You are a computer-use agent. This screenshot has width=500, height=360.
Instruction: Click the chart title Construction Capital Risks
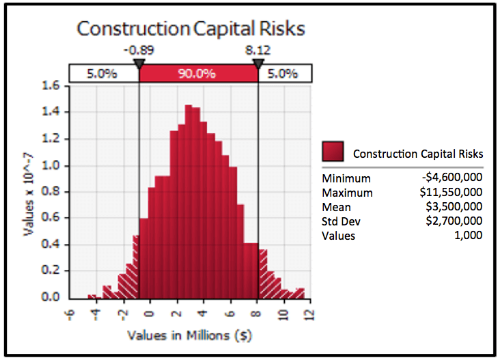pos(191,29)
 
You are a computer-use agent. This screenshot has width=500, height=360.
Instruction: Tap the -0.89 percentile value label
pos(139,49)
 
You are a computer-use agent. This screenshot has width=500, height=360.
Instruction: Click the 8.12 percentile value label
pos(258,49)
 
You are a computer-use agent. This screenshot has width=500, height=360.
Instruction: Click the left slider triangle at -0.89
pos(139,64)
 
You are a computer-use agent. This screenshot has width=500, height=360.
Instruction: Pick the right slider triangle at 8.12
pos(258,64)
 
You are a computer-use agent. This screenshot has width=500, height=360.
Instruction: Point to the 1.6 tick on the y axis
pos(53,86)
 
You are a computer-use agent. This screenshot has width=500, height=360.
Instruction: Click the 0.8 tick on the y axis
pos(53,192)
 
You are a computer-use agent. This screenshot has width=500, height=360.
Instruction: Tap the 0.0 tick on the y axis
pos(53,298)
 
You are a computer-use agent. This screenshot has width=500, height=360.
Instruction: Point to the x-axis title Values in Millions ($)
pos(191,336)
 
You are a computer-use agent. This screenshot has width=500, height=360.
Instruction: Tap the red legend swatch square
pos(333,152)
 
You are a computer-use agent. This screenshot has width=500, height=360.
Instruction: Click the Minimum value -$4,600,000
pos(452,178)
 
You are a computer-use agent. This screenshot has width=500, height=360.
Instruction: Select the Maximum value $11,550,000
pos(451,193)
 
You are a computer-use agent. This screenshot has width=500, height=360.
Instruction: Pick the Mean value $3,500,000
pos(454,207)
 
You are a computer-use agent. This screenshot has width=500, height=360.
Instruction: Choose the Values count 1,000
pos(469,235)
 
